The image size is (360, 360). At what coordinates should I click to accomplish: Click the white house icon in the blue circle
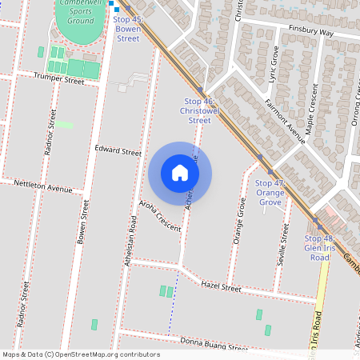[x=180, y=173]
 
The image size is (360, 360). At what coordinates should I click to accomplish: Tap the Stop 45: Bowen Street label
[x=128, y=28]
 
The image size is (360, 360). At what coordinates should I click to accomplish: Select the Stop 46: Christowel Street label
[x=199, y=110]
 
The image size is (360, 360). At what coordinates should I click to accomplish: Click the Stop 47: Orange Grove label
[x=270, y=193]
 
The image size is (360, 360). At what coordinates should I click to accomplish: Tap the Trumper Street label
[x=58, y=78]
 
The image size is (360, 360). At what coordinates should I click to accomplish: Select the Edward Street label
[x=118, y=151]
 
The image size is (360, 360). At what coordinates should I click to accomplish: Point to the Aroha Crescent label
[x=160, y=216]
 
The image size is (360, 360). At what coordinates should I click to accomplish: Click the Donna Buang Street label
[x=202, y=345]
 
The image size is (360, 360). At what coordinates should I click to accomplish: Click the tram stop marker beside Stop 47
[x=270, y=171]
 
